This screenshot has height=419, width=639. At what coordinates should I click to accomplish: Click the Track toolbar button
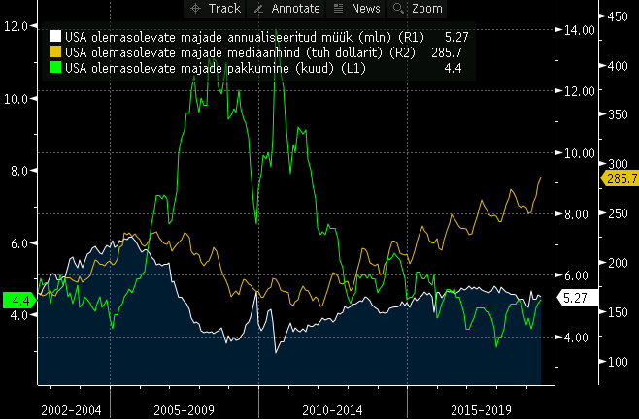point(215,9)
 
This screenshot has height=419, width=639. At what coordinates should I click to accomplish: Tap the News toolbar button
point(356,9)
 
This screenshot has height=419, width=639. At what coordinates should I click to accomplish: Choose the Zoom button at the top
point(418,9)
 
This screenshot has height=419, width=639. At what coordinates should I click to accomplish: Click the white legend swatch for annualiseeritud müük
point(55,37)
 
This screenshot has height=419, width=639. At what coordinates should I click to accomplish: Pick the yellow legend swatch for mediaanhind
point(55,52)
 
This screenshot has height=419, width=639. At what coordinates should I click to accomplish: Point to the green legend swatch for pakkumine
point(55,68)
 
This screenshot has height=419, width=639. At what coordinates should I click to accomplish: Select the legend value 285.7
point(442,52)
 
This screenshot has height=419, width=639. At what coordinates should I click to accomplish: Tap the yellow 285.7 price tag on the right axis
point(620,178)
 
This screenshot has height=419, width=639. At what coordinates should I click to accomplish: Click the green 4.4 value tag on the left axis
point(18,301)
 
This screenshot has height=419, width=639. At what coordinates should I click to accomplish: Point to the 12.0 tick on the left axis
point(15,25)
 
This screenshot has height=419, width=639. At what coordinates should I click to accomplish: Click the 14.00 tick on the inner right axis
point(578,30)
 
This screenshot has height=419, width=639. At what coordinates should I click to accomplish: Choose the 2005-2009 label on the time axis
point(184,410)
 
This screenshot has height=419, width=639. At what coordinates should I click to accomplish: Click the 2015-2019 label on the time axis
point(481,410)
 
